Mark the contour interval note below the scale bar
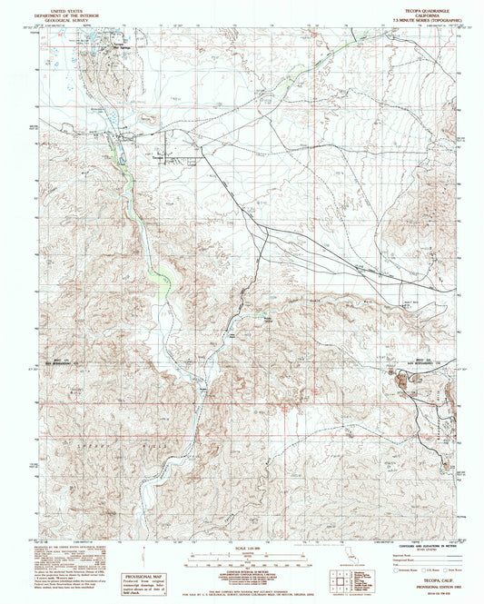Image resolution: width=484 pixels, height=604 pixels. (242, 569)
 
